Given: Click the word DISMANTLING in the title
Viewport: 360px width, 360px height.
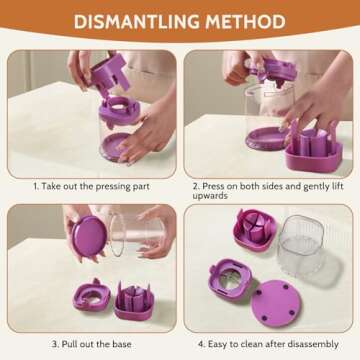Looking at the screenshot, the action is coord(137,21).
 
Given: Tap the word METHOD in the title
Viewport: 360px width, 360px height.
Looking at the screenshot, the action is coord(245,21).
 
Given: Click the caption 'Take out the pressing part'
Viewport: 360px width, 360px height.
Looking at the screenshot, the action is coord(95,186).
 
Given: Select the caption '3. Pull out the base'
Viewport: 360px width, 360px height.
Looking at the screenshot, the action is coord(91,344).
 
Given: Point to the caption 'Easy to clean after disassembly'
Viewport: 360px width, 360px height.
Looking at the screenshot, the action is coord(273,344).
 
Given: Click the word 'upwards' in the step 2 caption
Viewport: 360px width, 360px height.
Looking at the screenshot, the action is coord(210,196).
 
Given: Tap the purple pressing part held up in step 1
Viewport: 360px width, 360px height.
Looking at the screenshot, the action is coord(110,75).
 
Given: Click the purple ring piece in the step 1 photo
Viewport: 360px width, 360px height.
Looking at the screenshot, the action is coord(119,111).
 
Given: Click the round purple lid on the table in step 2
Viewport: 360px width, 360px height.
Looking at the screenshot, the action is coord(266,138).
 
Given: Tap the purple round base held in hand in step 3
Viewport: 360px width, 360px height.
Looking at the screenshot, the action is coord(89,236).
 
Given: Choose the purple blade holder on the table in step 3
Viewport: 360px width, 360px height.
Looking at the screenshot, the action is coord(134,301).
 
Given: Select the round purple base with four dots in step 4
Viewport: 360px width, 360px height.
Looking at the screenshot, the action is coord(276,303).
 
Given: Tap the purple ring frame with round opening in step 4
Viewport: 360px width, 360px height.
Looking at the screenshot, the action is coord(230,279).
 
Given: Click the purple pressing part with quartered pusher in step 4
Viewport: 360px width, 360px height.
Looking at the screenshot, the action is coord(255,230).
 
